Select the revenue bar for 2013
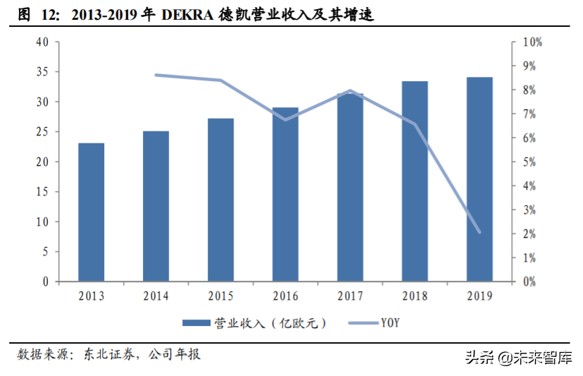click(91, 212)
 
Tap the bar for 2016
click(285, 194)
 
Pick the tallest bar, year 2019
click(479, 179)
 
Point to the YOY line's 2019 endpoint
click(479, 231)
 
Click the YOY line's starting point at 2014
click(156, 75)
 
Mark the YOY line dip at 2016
click(285, 119)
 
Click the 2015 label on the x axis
click(220, 296)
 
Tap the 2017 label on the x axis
click(350, 296)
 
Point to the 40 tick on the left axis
click(42, 42)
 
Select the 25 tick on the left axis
click(42, 132)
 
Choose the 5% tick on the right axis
click(531, 162)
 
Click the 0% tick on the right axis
click(531, 281)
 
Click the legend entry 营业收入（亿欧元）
click(253, 323)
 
